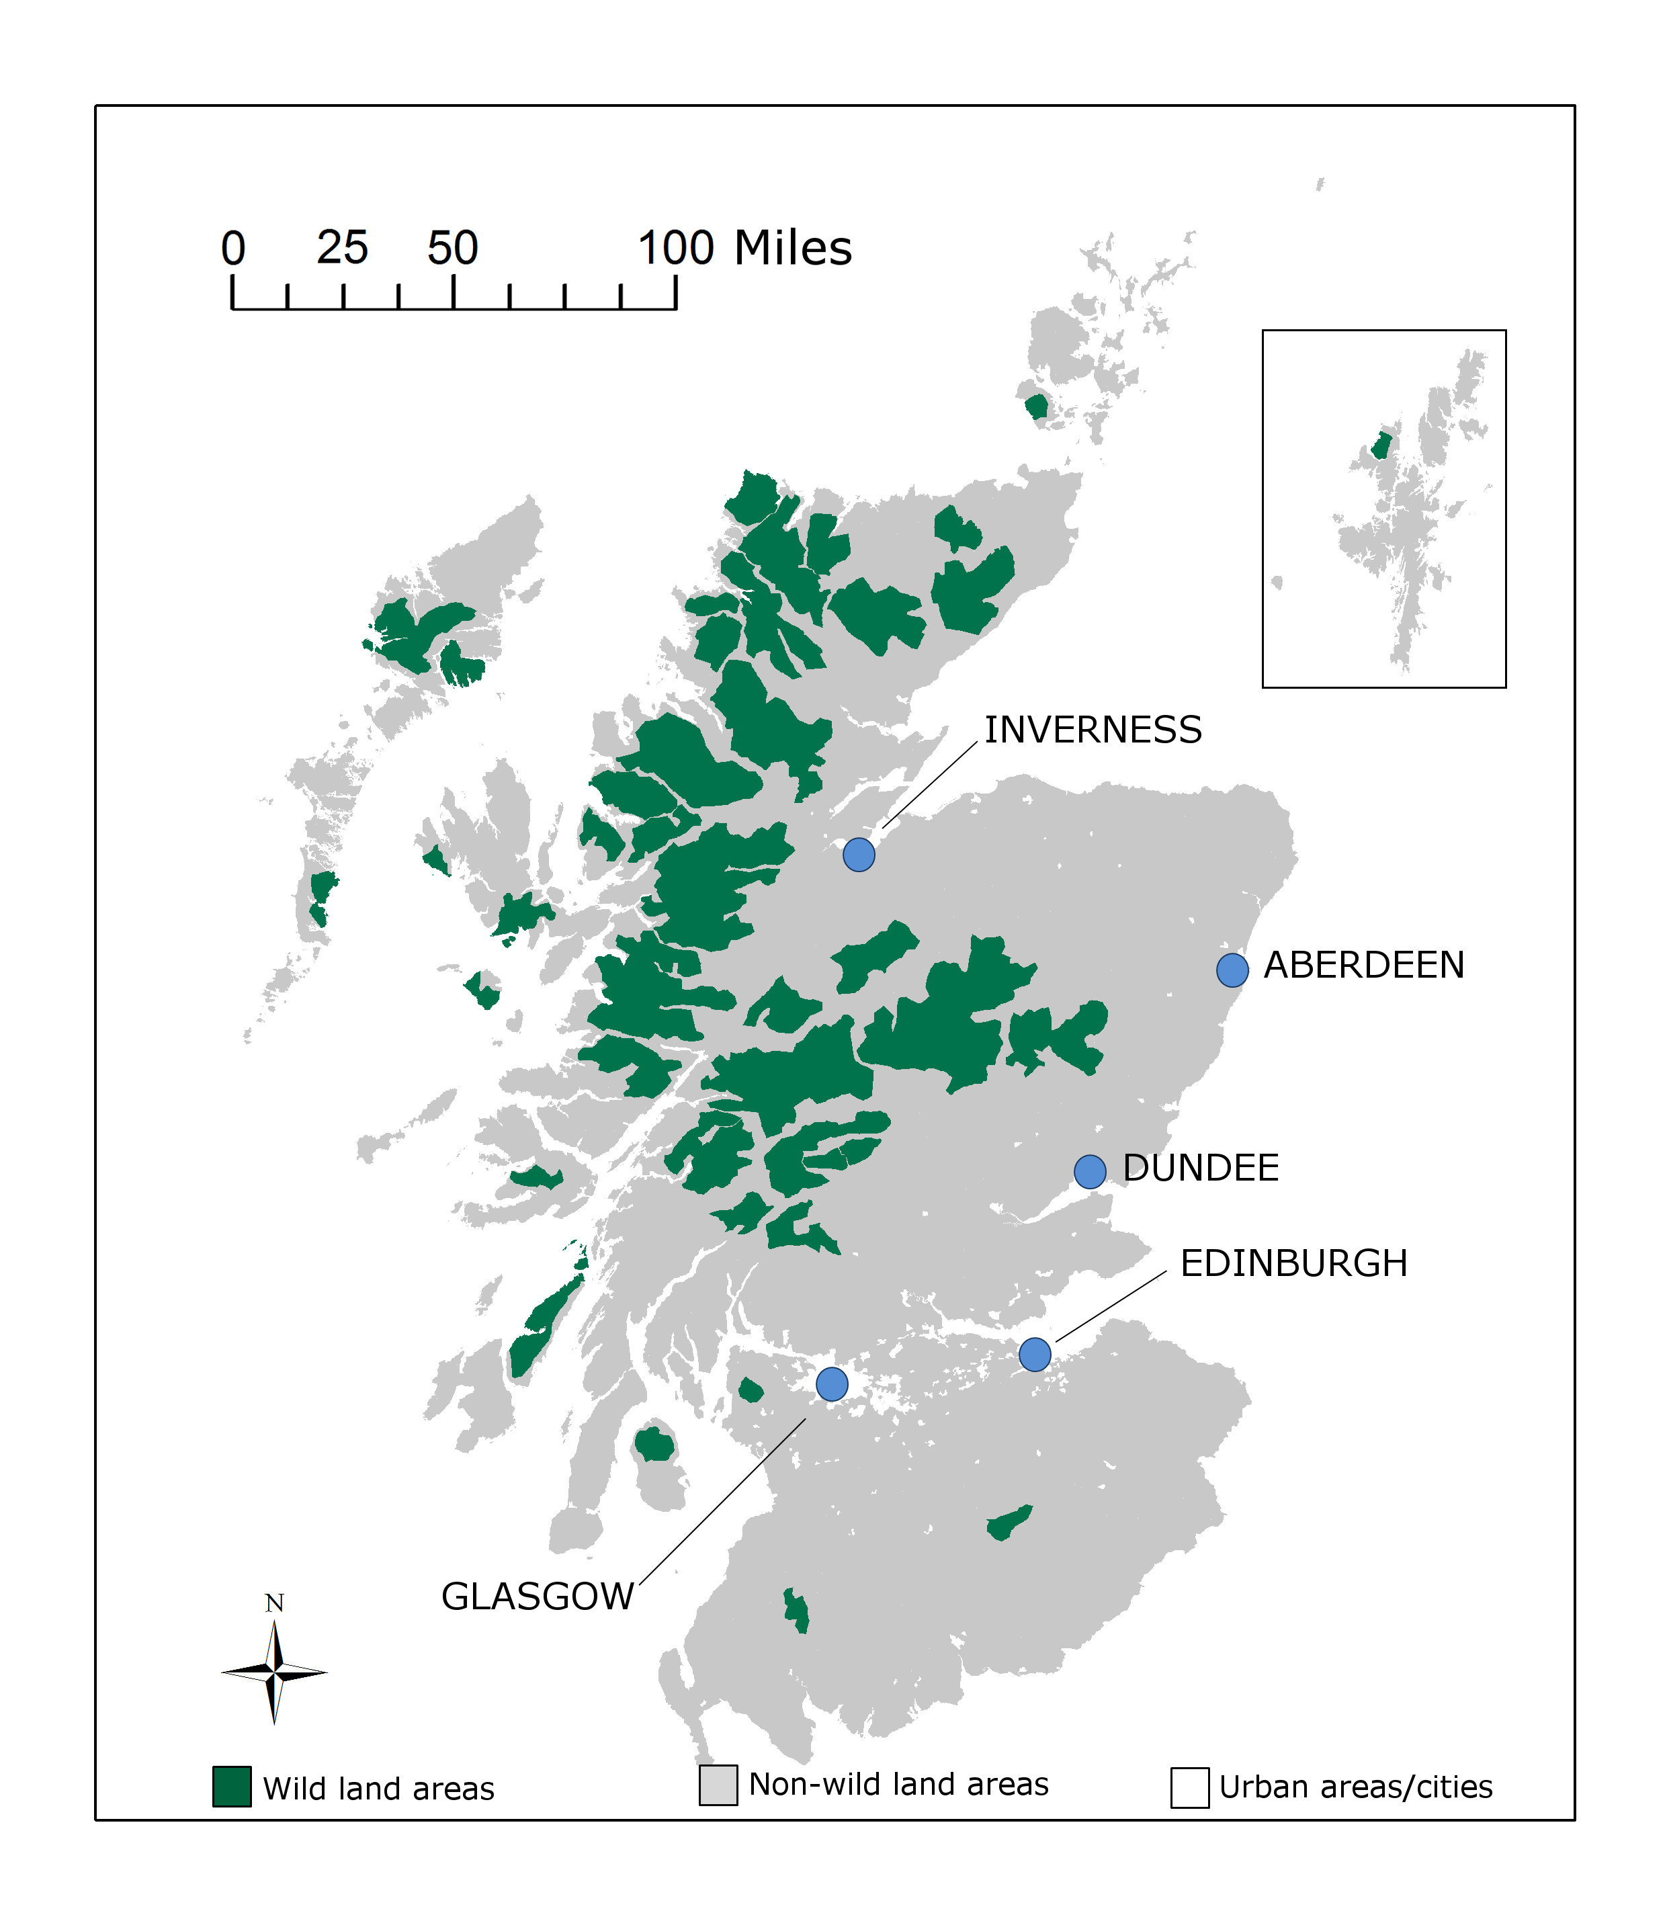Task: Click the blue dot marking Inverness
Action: click(859, 854)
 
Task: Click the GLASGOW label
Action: click(537, 1596)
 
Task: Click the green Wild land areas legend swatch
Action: click(232, 1787)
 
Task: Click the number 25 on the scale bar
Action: click(342, 247)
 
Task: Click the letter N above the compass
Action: click(274, 1603)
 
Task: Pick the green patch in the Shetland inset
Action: click(1381, 445)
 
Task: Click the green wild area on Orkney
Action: click(1035, 407)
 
